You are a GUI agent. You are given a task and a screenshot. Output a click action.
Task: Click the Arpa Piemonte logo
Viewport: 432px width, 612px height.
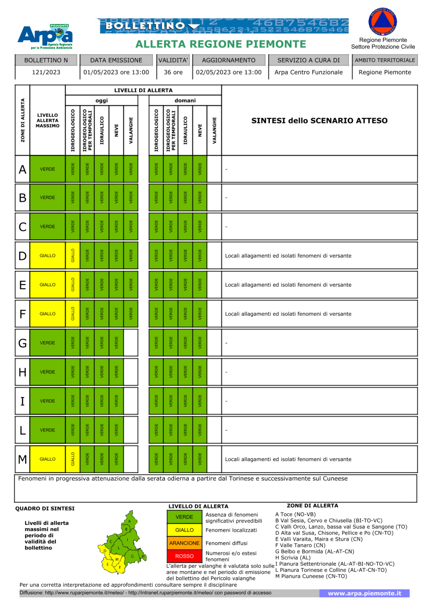[45, 36]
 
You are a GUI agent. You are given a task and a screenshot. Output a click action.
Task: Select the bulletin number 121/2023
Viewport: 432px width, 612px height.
[46, 72]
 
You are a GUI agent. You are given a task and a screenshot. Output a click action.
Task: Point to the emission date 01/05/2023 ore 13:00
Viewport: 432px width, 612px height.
[116, 72]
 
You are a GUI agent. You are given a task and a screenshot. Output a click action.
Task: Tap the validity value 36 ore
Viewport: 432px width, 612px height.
[173, 72]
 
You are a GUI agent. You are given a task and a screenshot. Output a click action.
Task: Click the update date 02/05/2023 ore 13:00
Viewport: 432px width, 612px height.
[229, 72]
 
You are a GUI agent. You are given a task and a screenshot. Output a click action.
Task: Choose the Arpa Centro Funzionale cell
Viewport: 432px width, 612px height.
[308, 72]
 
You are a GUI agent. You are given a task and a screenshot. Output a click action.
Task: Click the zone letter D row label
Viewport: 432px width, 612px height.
[23, 256]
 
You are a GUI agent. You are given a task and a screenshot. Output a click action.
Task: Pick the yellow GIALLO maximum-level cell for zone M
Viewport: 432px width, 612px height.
[48, 459]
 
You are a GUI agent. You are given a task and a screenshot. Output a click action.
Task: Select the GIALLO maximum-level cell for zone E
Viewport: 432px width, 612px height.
[48, 285]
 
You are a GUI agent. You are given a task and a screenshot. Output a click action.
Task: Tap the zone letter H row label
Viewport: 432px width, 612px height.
[23, 372]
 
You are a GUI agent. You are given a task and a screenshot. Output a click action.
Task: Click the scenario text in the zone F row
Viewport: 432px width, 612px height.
[288, 314]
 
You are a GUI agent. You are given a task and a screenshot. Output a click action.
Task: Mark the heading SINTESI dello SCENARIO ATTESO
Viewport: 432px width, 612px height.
[319, 121]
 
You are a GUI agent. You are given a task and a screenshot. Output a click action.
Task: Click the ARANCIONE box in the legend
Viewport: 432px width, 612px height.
[184, 543]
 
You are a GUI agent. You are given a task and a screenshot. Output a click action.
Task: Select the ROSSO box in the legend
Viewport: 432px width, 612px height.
[184, 556]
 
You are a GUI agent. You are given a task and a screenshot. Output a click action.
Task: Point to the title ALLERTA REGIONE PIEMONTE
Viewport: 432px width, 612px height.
[221, 44]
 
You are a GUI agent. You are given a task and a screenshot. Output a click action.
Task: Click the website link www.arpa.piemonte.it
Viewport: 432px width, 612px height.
[364, 593]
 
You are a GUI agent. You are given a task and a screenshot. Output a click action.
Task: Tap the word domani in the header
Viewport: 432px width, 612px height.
[185, 100]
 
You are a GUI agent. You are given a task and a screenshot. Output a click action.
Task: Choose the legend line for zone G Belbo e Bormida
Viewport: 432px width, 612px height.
[315, 551]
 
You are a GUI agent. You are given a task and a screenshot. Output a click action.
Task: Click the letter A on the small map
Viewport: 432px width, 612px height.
[130, 521]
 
